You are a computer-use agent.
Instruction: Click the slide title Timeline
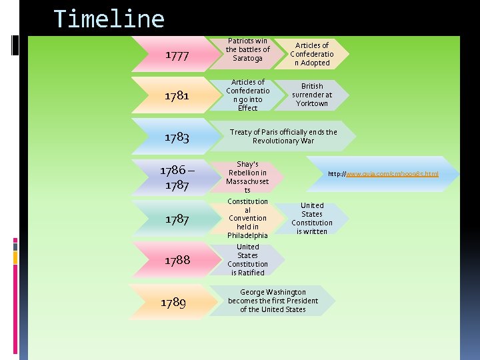pyautogui.click(x=109, y=19)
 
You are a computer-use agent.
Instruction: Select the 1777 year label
pyautogui.click(x=177, y=55)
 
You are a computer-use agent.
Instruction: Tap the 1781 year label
pyautogui.click(x=177, y=95)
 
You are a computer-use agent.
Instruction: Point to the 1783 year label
pyautogui.click(x=177, y=137)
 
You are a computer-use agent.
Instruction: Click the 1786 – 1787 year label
pyautogui.click(x=177, y=177)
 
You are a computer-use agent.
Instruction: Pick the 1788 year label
pyautogui.click(x=177, y=260)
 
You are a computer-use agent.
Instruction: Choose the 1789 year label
pyautogui.click(x=173, y=303)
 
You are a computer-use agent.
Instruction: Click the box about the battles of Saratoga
pyautogui.click(x=248, y=50)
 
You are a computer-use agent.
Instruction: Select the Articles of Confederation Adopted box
pyautogui.click(x=311, y=54)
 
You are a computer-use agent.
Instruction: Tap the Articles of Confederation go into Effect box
pyautogui.click(x=248, y=95)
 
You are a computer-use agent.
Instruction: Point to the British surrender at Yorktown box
pyautogui.click(x=312, y=95)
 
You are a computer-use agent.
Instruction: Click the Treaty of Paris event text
pyautogui.click(x=283, y=137)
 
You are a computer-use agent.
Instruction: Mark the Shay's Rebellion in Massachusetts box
pyautogui.click(x=247, y=177)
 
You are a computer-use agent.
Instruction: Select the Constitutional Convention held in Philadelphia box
pyautogui.click(x=248, y=218)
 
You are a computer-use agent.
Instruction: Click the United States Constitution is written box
pyautogui.click(x=312, y=218)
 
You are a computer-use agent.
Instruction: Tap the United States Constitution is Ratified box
pyautogui.click(x=247, y=259)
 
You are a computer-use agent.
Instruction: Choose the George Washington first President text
pyautogui.click(x=273, y=301)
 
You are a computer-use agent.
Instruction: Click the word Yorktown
pyautogui.click(x=312, y=103)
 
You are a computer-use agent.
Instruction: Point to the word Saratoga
pyautogui.click(x=248, y=59)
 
